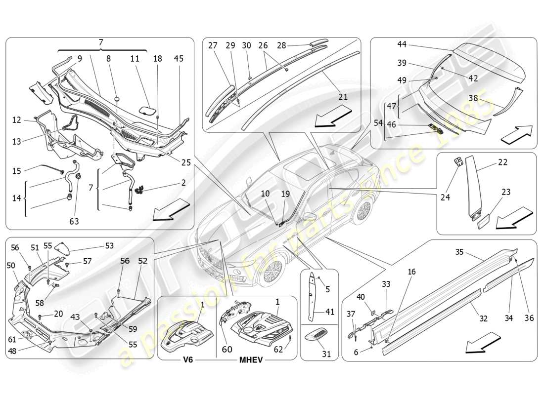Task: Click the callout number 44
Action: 402,44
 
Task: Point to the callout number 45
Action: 179,58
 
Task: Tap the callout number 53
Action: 109,245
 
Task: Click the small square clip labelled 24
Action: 458,161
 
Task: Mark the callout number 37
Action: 351,314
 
